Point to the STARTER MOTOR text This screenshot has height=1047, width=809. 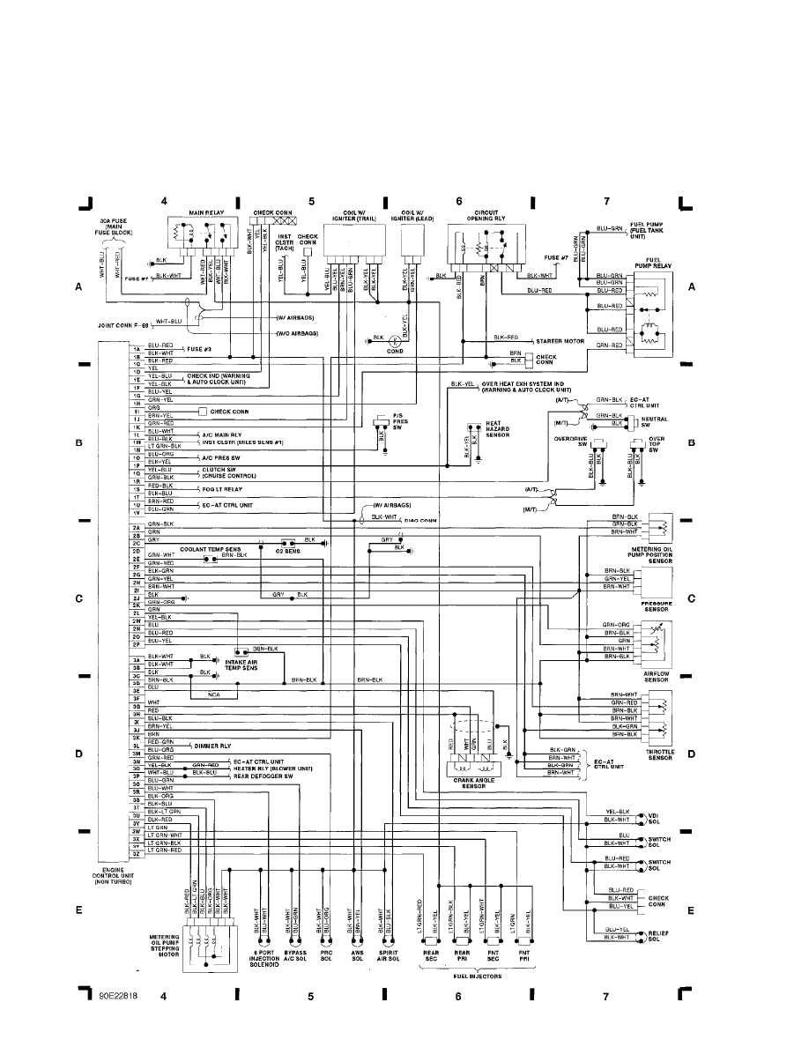tap(560, 339)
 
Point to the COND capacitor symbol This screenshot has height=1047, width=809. tap(395, 338)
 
